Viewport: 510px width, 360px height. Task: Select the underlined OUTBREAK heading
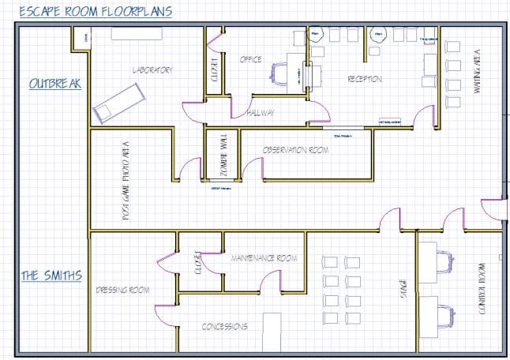click(54, 83)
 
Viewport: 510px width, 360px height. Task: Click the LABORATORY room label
click(152, 70)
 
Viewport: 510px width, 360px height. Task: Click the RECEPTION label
click(365, 80)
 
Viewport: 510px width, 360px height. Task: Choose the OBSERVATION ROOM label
click(295, 149)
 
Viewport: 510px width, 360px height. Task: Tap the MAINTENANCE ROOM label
click(264, 258)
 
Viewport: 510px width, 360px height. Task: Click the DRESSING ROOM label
click(122, 290)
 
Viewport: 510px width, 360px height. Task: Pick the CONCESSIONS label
click(224, 325)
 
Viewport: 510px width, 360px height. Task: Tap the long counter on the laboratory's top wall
click(137, 33)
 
